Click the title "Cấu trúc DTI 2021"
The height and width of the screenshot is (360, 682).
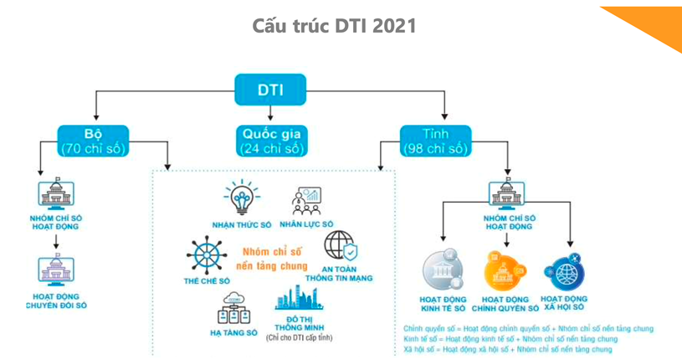[x=335, y=26]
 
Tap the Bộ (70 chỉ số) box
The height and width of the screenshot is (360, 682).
[x=93, y=141]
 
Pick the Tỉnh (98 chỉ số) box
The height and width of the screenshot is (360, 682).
[x=435, y=141]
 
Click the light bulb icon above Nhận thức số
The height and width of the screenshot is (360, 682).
[x=241, y=199]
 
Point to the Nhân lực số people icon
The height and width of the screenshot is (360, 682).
[x=306, y=201]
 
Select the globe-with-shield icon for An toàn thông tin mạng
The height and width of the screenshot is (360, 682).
[x=340, y=247]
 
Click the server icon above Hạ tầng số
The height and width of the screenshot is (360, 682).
[x=233, y=310]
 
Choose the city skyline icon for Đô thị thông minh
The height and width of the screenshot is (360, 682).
[x=299, y=300]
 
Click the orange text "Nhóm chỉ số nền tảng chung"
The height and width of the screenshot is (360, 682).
[x=272, y=258]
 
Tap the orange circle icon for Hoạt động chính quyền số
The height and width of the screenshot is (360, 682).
[x=505, y=270]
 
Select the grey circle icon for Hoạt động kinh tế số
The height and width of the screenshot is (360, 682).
[x=443, y=270]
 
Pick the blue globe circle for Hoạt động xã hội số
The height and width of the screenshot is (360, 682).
[x=563, y=272]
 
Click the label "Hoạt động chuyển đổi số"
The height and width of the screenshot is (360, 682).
[x=56, y=301]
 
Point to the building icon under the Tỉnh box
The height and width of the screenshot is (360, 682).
[x=506, y=193]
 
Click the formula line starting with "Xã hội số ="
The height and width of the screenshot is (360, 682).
[x=507, y=349]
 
